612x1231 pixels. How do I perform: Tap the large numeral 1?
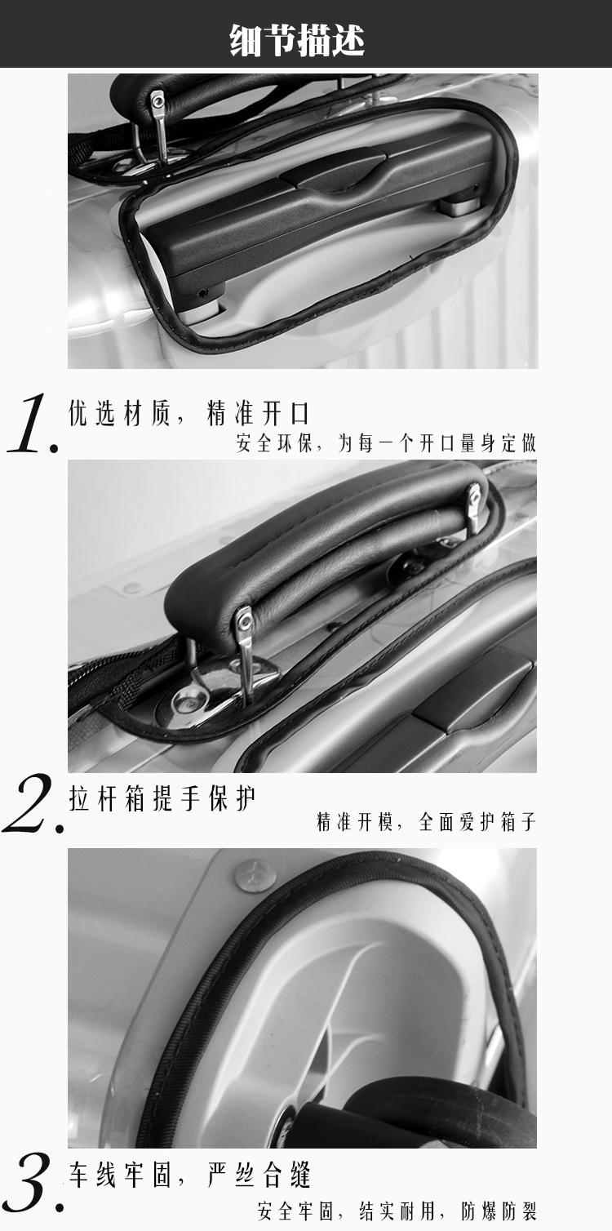point(30,424)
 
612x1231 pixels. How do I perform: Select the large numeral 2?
point(30,808)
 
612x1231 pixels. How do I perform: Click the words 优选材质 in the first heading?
point(120,414)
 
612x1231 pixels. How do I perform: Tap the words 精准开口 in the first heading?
point(259,414)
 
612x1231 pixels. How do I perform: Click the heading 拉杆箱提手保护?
point(162,799)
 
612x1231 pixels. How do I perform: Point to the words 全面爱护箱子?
point(477,822)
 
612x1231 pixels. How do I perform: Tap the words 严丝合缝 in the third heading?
point(259,1177)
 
